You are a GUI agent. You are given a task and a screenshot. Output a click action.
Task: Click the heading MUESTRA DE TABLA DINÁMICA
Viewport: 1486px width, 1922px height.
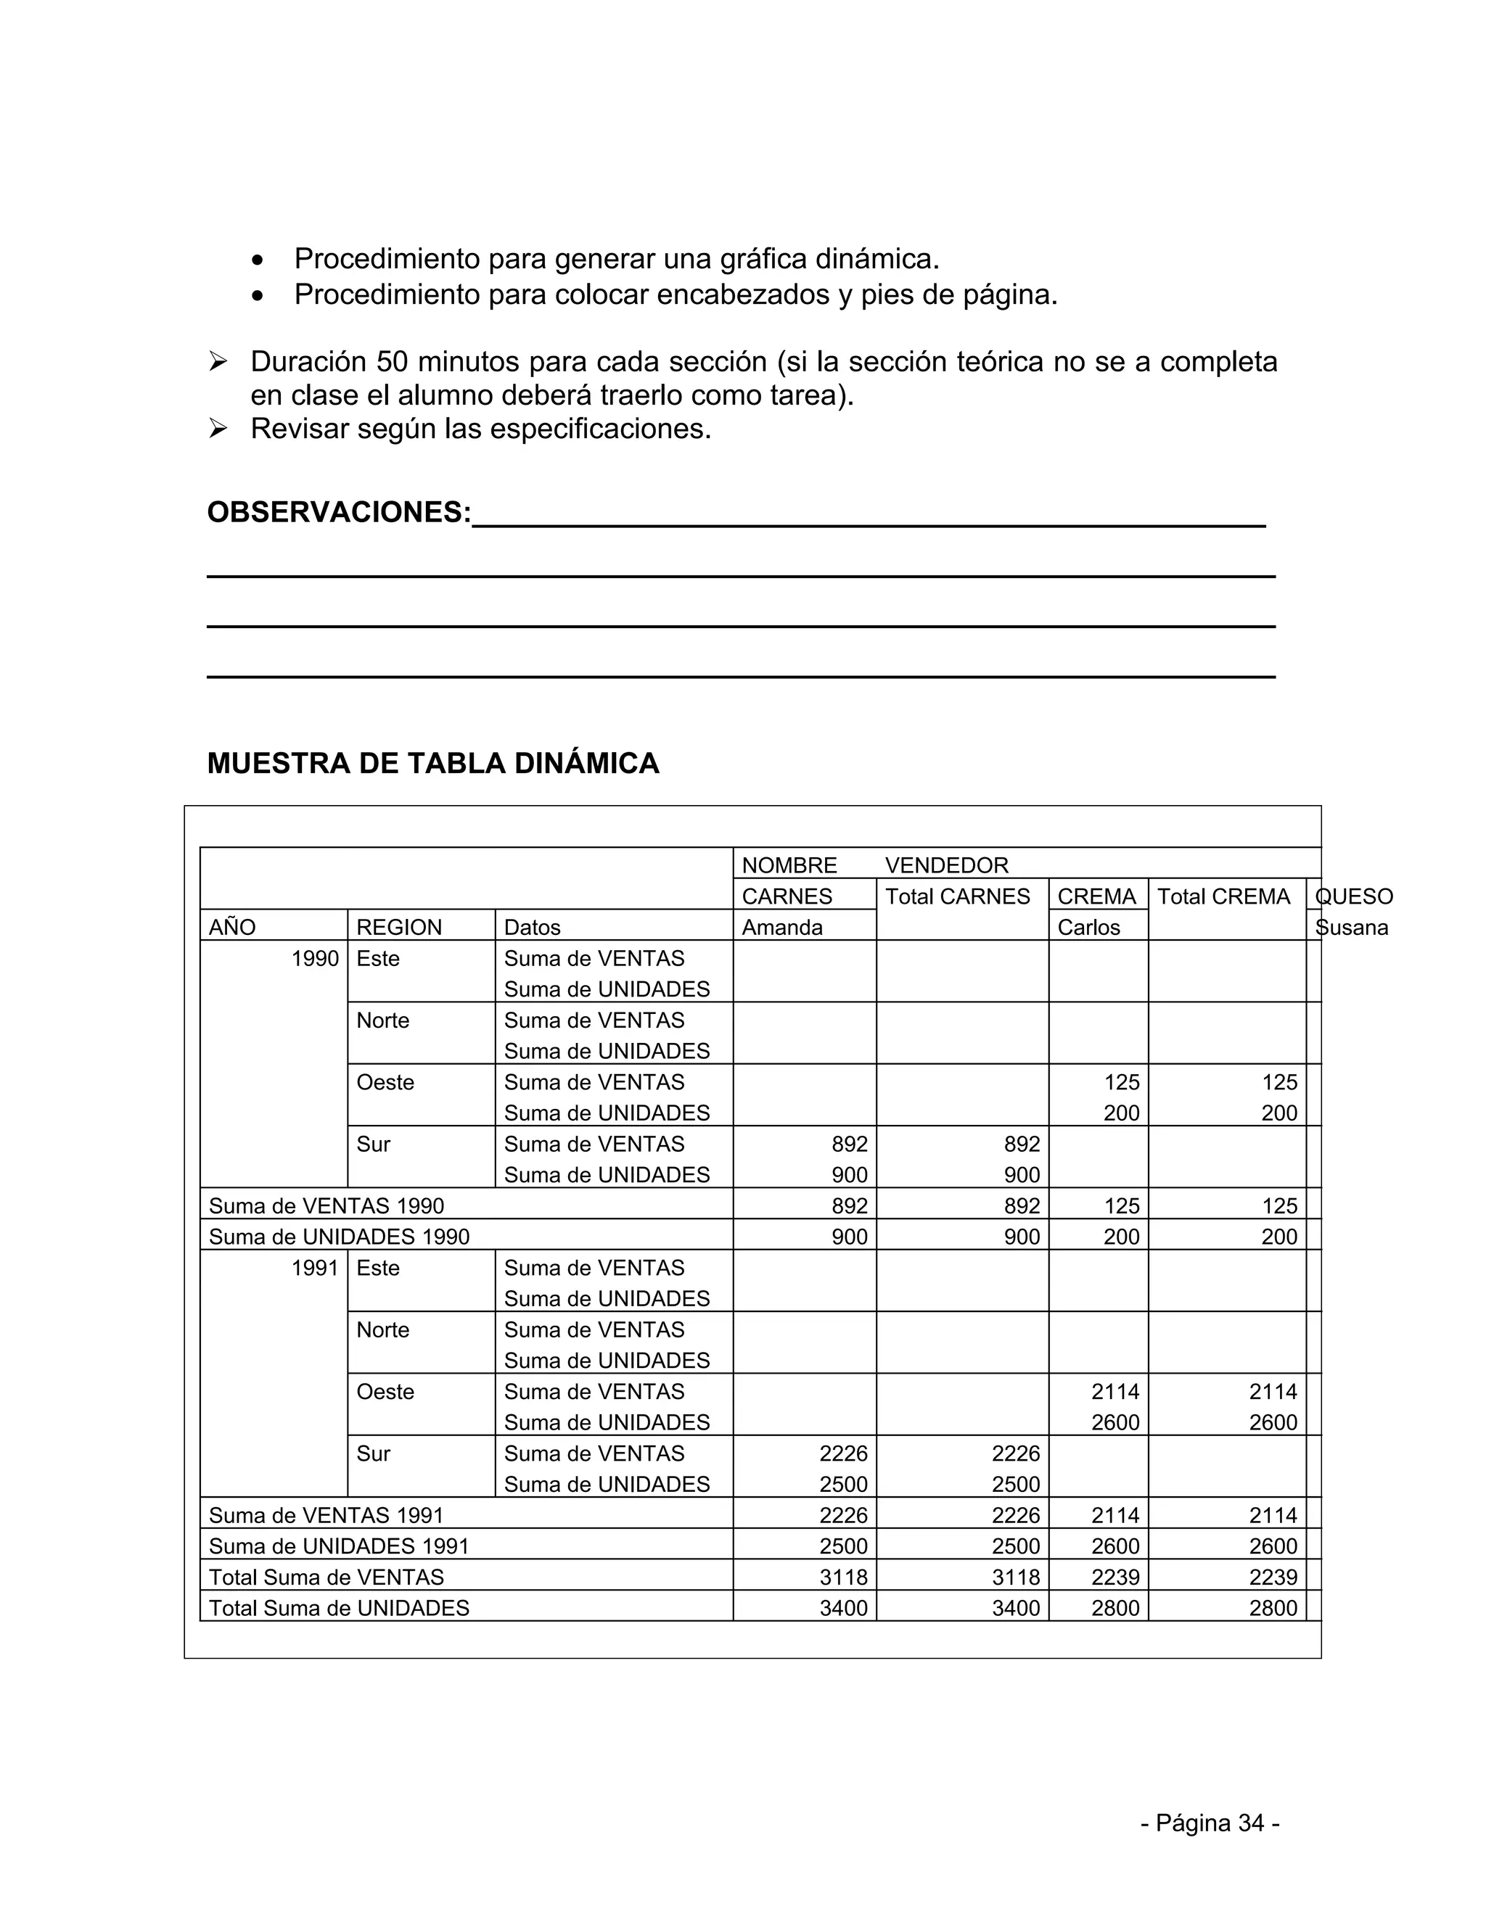tap(432, 763)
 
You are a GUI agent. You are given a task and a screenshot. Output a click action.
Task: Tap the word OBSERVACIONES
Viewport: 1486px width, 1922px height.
tap(339, 512)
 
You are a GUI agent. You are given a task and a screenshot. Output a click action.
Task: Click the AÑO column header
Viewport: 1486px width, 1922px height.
tap(232, 928)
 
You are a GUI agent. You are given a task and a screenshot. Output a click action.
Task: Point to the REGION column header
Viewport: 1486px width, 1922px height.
tap(399, 928)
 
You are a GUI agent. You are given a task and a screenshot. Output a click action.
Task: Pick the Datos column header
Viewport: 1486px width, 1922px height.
tap(532, 928)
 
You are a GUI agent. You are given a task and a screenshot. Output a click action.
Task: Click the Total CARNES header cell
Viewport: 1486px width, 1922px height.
tap(957, 896)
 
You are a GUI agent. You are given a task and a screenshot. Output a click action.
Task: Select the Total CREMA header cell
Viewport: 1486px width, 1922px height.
tap(1223, 896)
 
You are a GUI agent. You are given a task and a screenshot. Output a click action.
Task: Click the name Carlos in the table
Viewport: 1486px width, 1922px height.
tap(1088, 928)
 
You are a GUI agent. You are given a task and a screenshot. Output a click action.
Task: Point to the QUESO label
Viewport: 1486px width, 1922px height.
tap(1354, 896)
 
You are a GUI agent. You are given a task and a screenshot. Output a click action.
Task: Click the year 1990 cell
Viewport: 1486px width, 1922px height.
tap(315, 958)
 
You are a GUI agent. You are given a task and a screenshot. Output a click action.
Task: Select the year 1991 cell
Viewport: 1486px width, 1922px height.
tap(315, 1268)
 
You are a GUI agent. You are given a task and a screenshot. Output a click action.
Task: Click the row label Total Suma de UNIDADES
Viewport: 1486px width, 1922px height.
tap(339, 1609)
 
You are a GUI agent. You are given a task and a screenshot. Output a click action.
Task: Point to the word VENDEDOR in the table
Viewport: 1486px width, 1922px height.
tap(946, 865)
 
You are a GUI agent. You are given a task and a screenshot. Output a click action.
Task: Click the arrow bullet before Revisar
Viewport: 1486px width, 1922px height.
tap(218, 429)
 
